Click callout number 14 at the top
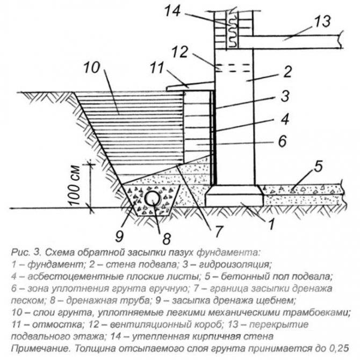(172, 11)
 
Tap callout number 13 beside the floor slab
(322, 21)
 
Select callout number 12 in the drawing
(180, 52)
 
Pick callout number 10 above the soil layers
(92, 68)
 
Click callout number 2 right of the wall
(287, 71)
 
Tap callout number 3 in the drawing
(285, 96)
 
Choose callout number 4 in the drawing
(285, 119)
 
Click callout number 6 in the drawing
(283, 141)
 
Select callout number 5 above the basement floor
(318, 166)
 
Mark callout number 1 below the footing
(271, 224)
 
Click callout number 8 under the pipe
(167, 239)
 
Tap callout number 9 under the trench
(119, 235)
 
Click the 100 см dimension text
(75, 185)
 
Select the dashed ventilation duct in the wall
(233, 68)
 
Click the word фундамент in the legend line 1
(56, 265)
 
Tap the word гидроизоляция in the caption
(235, 265)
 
